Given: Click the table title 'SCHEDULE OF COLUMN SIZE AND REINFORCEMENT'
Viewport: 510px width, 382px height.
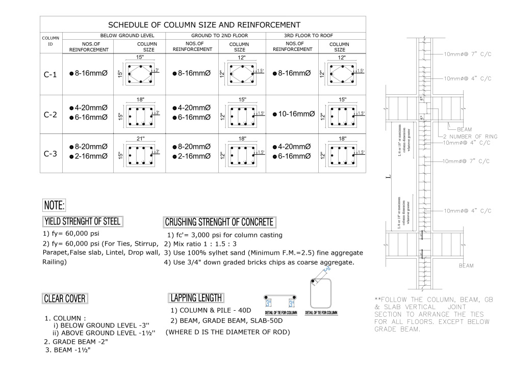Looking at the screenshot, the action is coord(203,24).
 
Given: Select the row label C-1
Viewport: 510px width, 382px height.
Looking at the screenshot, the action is coord(50,74).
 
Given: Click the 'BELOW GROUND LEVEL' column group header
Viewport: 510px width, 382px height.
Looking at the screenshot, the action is coord(127,36).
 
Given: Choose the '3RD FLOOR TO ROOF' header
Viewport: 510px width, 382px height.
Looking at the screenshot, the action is coord(316,36).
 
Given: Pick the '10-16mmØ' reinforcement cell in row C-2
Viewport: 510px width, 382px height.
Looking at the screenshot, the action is coord(293,114).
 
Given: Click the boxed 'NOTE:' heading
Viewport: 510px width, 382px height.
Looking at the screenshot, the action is coord(54,206).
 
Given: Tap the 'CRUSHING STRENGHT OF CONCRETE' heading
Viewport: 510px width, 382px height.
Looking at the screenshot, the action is coord(219,222).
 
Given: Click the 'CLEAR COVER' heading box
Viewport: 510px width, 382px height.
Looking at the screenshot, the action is coord(65,298).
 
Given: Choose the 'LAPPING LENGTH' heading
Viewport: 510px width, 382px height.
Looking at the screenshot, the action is coord(196,298).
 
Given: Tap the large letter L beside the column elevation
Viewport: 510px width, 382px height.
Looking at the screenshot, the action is coord(388,178).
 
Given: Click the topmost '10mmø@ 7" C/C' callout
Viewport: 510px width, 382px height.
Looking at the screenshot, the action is coord(467,54).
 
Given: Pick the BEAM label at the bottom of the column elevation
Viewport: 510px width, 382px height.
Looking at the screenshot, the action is coord(466,265).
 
